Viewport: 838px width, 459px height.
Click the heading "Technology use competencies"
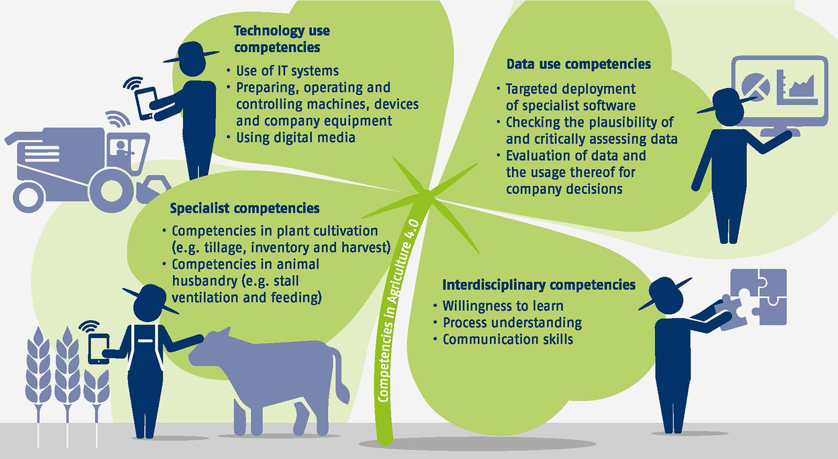(282, 39)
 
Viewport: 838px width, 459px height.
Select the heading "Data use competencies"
(578, 64)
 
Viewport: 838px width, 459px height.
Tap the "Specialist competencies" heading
(245, 208)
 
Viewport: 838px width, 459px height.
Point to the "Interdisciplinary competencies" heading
(539, 285)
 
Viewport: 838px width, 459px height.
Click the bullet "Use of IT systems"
(288, 71)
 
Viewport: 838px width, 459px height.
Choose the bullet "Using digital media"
(295, 138)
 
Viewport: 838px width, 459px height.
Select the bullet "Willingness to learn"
(503, 306)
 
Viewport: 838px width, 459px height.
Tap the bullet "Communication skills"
(508, 339)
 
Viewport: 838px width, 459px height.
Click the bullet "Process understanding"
(512, 322)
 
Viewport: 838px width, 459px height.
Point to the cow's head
(210, 347)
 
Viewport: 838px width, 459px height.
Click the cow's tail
(340, 377)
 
